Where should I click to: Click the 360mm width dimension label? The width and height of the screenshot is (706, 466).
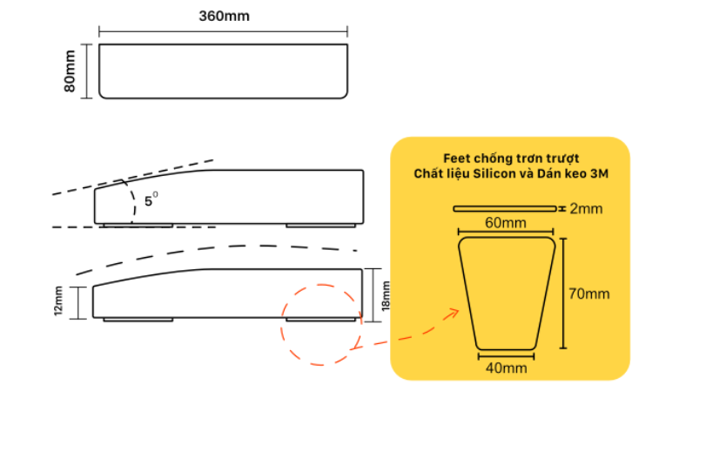point(224,17)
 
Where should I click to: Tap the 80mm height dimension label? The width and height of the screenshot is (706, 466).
point(70,71)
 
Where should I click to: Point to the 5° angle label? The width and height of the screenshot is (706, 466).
point(151,199)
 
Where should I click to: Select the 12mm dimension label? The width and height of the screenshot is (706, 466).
point(58,301)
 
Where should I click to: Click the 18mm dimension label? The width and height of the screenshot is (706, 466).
point(386,295)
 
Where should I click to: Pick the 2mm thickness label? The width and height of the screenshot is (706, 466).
point(586,209)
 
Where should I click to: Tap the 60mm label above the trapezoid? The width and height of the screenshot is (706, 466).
point(505,223)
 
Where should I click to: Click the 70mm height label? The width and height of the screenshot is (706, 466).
point(589,294)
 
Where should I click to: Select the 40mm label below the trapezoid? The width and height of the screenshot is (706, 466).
point(506,368)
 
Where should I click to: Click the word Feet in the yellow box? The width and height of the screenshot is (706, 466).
point(456,159)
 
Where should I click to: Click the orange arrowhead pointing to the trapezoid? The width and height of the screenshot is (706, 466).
point(453,314)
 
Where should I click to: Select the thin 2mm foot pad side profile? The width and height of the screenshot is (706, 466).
point(504,209)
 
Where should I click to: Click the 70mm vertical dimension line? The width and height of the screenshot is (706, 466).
point(563,294)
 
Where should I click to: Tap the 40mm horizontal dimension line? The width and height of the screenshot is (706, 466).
point(506,356)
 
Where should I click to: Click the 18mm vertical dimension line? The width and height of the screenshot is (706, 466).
point(373,295)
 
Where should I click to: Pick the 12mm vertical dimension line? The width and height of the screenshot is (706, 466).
point(78,303)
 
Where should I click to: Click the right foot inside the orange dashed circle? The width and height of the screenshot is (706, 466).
point(320,320)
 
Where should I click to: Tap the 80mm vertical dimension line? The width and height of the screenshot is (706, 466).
point(86,71)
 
